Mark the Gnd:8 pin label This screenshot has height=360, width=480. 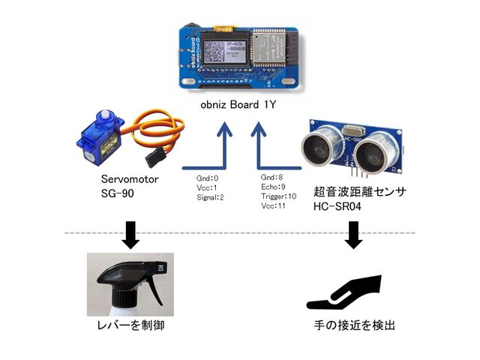coord(269,178)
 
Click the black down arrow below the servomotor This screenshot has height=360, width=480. coord(131,233)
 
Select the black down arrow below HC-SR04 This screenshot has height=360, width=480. coord(353,233)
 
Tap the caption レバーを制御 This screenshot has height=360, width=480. coord(132,325)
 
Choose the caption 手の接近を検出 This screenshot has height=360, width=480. coord(354,325)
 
